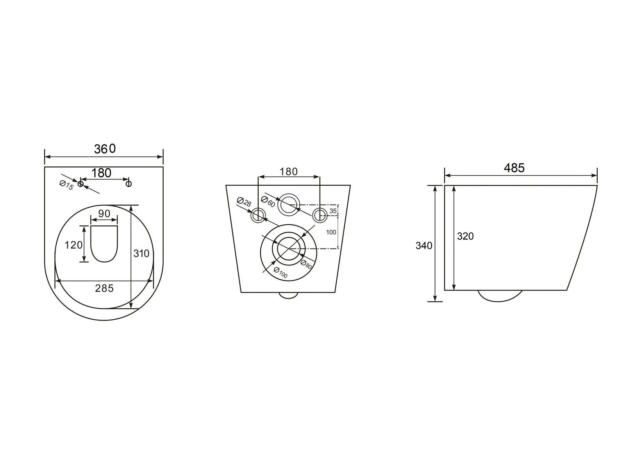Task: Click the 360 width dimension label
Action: point(105,149)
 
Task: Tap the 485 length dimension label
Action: point(514,168)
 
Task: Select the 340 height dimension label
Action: point(424,245)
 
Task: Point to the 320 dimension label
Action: point(465,236)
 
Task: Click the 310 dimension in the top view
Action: point(141,253)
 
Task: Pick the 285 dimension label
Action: point(104,288)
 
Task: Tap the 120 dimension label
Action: point(73,245)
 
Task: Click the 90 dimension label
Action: point(104,213)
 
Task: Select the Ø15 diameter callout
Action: point(66,185)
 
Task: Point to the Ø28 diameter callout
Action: point(244,202)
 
